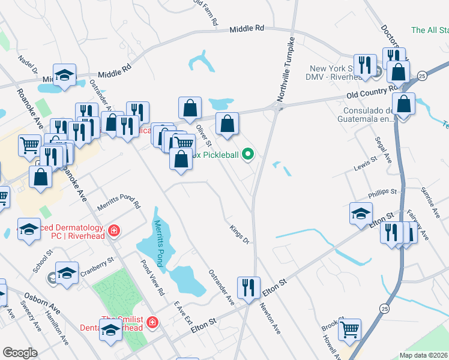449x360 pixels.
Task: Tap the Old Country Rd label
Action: [372, 92]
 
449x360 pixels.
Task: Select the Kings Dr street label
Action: [239, 234]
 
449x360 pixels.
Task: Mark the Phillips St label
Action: [383, 192]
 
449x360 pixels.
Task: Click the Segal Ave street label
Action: [382, 148]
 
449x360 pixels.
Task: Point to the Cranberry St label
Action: [97, 266]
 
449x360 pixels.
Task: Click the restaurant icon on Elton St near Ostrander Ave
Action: [248, 287]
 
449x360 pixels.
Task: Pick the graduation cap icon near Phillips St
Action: [360, 213]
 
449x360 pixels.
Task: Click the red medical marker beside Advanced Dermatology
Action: [113, 230]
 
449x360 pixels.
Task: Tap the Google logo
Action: [20, 353]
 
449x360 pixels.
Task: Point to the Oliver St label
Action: [204, 135]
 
